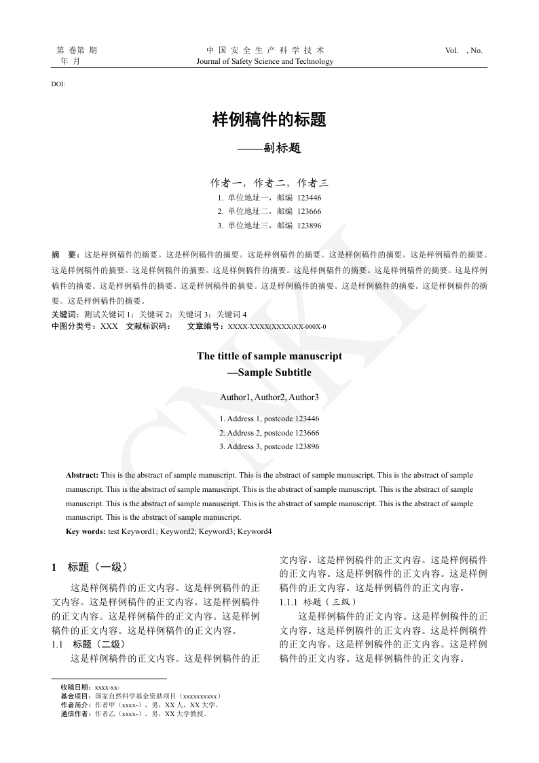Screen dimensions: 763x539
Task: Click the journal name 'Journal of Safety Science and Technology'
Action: coord(265,61)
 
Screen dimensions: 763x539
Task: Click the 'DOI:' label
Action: coord(58,84)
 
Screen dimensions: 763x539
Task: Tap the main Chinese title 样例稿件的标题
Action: coord(269,120)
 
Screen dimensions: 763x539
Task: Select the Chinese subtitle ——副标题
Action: coord(269,148)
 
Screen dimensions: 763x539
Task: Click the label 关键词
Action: coord(65,315)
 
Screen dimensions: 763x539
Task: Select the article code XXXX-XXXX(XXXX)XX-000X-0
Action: coord(277,327)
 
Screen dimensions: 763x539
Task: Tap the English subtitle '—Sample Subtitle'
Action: coord(269,372)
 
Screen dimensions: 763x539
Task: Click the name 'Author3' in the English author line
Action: coord(305,397)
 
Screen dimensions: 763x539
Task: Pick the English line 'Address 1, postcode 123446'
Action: coord(269,419)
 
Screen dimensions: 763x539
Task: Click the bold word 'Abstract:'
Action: coord(82,475)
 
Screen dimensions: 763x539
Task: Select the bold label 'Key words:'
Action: coord(86,531)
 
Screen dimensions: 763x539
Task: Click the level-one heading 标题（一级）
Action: coord(98,567)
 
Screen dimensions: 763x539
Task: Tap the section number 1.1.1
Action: coord(289,602)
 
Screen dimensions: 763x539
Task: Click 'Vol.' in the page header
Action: coord(452,50)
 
